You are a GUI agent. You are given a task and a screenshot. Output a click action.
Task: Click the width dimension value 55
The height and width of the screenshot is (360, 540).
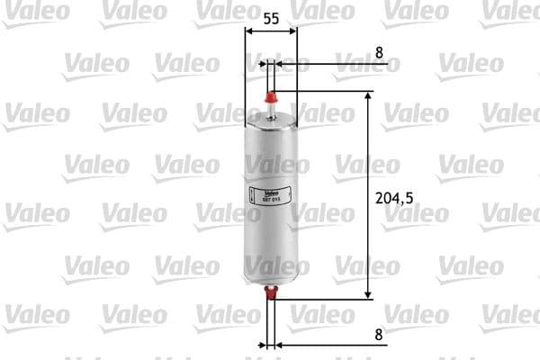click(271, 17)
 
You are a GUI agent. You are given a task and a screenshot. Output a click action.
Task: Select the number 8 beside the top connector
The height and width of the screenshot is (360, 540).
click(379, 53)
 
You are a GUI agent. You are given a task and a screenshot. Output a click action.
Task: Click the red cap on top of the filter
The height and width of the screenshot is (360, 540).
click(271, 96)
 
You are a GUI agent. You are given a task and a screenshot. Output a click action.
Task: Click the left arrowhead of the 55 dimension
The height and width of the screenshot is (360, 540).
click(249, 31)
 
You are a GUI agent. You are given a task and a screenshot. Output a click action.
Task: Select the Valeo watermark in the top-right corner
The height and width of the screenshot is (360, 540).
click(508, 12)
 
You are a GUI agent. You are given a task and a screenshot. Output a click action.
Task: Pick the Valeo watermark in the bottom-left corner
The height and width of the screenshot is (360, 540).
click(37, 314)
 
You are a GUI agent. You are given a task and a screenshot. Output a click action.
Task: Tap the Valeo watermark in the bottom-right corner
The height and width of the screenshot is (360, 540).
click(508, 314)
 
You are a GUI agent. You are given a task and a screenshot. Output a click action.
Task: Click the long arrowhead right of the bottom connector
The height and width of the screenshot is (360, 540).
click(286, 344)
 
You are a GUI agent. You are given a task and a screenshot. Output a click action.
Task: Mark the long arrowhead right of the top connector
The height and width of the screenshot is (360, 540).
click(286, 64)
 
